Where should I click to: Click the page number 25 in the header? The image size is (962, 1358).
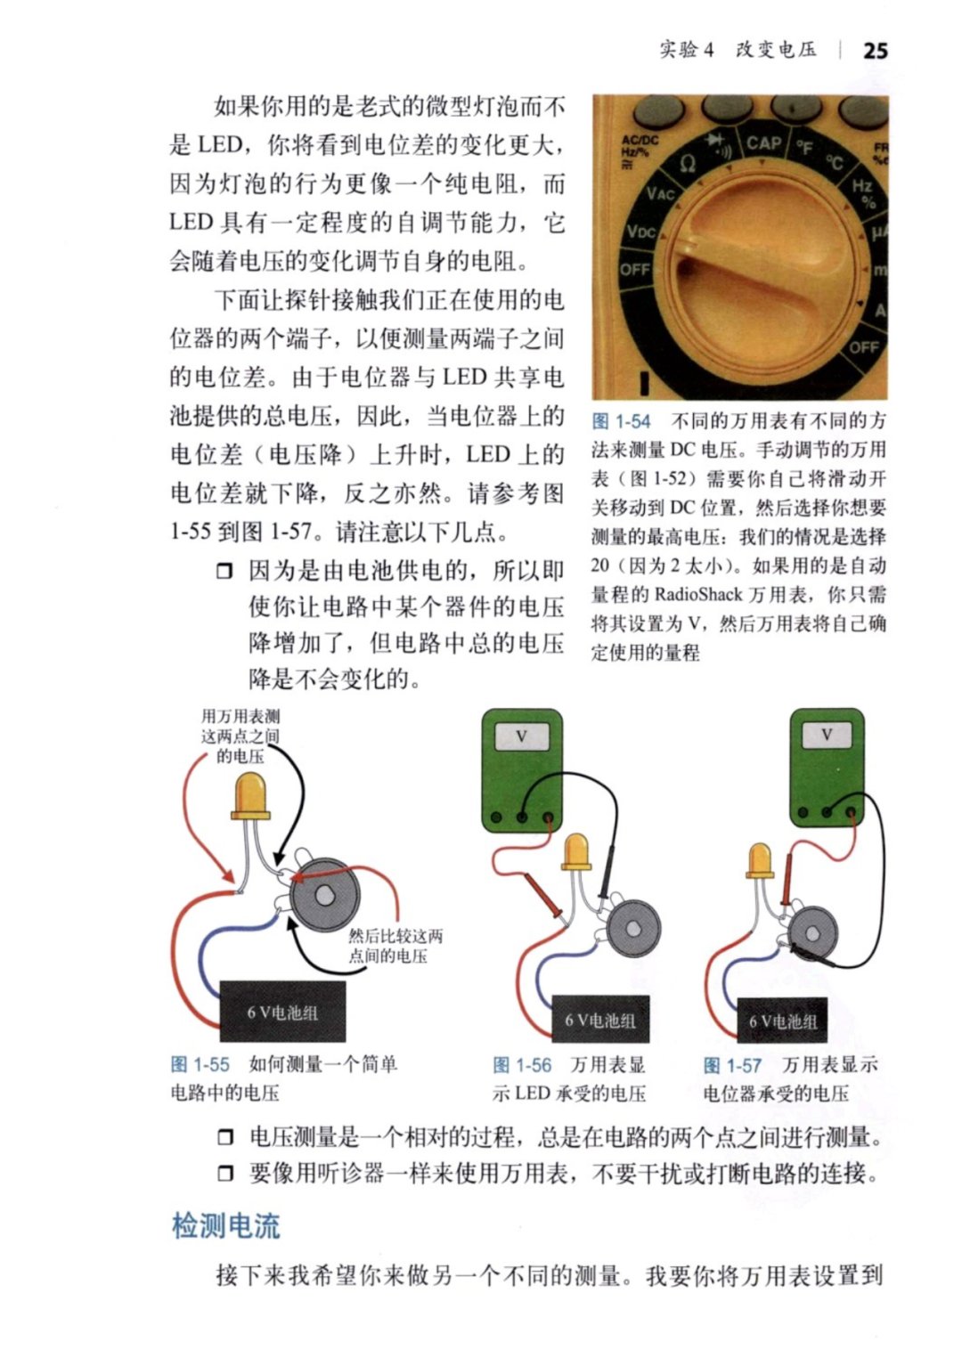[x=875, y=51]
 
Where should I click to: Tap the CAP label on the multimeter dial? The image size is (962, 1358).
[x=763, y=143]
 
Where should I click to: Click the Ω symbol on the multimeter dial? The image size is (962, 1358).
[x=688, y=163]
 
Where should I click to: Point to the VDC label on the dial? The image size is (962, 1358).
[x=640, y=232]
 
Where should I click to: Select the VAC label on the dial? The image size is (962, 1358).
[x=661, y=194]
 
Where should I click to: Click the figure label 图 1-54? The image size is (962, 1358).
[x=621, y=421]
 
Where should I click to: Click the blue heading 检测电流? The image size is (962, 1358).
[x=226, y=1225]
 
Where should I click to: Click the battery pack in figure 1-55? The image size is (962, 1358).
[x=282, y=1012]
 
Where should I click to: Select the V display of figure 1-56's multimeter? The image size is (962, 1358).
[x=521, y=736]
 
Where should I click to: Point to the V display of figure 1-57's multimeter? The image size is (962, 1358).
[x=826, y=735]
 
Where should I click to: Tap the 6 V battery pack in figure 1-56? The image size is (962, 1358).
[x=599, y=1021]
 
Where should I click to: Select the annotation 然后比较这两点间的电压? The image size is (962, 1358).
[x=395, y=946]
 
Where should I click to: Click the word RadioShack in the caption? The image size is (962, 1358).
[x=697, y=594]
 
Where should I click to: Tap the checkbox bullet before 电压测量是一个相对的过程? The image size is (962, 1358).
[x=225, y=1137]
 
